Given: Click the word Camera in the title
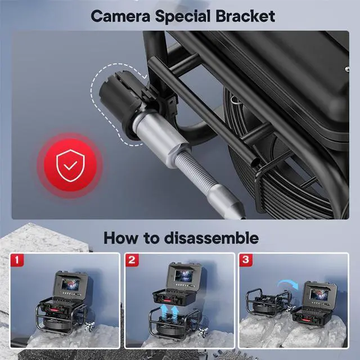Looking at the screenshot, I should coord(121,15).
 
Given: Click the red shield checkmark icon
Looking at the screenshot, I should coord(68,164).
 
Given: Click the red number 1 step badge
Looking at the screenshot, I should coord(18,260).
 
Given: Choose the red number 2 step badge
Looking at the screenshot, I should coord(132,260).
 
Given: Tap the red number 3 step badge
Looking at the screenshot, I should coord(246,260).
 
